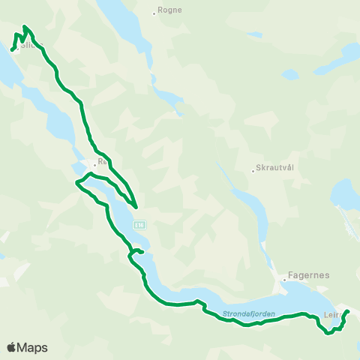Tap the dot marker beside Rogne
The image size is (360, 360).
point(154,12)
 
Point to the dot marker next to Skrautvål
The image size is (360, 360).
point(253,170)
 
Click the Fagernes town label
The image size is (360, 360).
point(308,275)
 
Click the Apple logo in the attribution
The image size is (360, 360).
point(12,347)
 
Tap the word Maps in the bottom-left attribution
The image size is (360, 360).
point(34,347)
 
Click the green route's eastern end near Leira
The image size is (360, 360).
point(347,311)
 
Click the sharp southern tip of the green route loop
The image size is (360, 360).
point(136,206)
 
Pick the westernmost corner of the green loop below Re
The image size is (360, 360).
point(76,182)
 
